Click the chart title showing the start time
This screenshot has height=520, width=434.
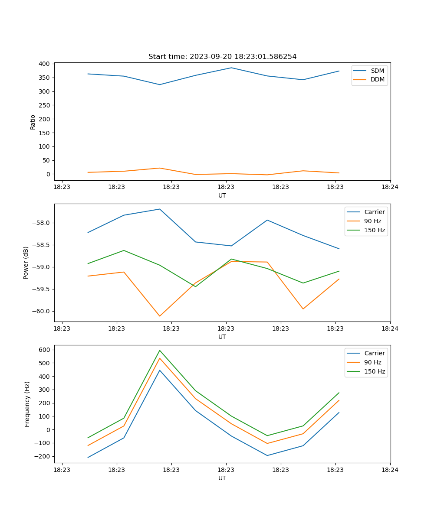click(222, 57)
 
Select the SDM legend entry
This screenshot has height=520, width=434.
click(377, 71)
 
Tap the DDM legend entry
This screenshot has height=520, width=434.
click(377, 80)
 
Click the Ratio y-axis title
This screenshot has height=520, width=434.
click(33, 122)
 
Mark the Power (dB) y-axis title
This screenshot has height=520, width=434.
click(26, 263)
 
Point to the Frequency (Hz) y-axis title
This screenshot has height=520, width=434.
click(27, 404)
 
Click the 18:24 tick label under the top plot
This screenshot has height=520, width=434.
click(390, 187)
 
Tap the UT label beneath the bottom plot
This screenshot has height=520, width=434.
click(222, 478)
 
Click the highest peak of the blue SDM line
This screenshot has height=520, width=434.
click(231, 68)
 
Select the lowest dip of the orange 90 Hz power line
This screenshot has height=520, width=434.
click(160, 316)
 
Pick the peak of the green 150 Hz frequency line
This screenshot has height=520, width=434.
click(160, 350)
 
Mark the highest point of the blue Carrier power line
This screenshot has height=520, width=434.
click(160, 209)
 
